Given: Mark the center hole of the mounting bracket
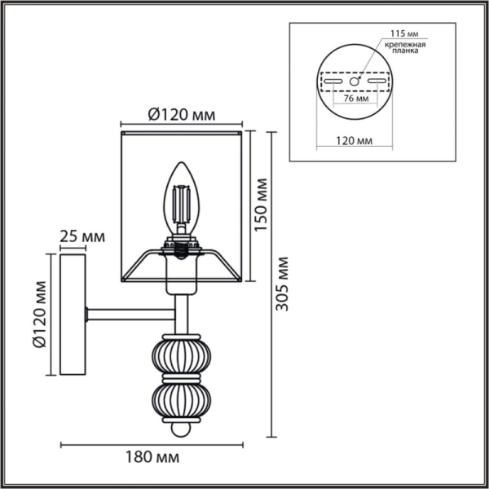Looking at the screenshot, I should [355, 81].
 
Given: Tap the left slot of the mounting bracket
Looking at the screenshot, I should [333, 81].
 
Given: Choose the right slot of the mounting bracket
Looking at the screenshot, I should [376, 81].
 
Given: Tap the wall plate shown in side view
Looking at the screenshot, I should [72, 316].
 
